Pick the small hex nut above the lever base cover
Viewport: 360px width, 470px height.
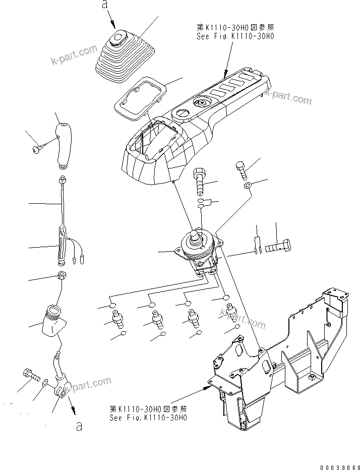[62, 276]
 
